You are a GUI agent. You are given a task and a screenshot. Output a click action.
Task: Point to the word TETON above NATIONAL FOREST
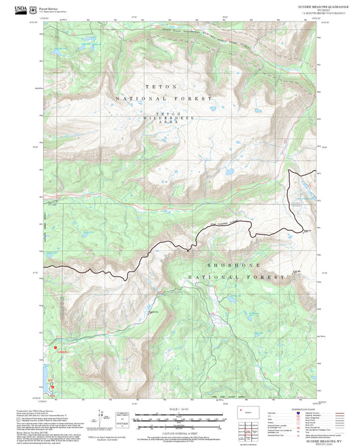(x=161, y=86)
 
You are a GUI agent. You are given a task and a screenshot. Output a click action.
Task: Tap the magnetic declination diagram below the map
(x=109, y=419)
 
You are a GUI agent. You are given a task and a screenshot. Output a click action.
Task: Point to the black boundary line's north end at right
(x=290, y=172)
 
